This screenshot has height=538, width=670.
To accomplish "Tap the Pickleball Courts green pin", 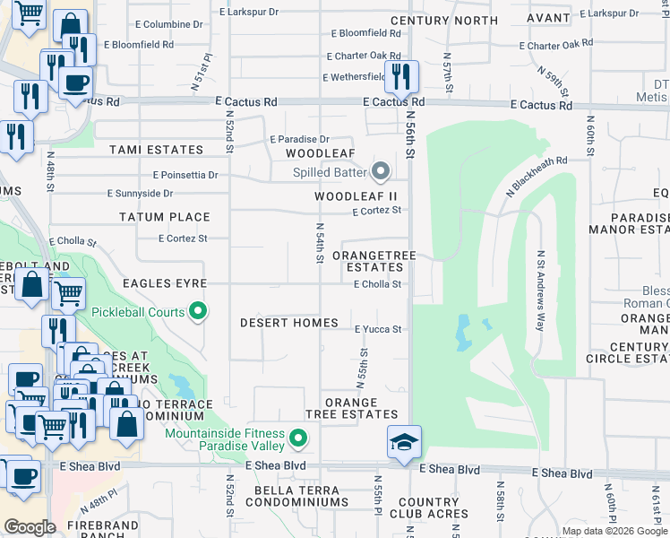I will tap(199, 312).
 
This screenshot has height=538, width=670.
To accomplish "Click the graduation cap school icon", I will tap(404, 441).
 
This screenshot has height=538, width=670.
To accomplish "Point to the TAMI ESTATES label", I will tap(156, 150).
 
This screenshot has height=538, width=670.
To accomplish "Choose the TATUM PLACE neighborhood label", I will tap(165, 217).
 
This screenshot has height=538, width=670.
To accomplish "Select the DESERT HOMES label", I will tap(289, 323).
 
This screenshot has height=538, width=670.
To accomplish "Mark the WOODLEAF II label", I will tap(355, 196).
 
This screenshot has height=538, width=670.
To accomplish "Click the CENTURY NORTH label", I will tap(444, 20).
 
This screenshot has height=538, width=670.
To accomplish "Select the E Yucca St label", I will tap(377, 329).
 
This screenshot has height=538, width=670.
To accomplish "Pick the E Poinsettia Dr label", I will tap(185, 175).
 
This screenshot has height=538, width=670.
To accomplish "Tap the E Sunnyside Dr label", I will tap(140, 193).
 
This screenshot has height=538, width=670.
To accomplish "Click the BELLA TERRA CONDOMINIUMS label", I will tap(296, 496).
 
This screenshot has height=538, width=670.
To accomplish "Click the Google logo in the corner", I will tap(30, 527).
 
